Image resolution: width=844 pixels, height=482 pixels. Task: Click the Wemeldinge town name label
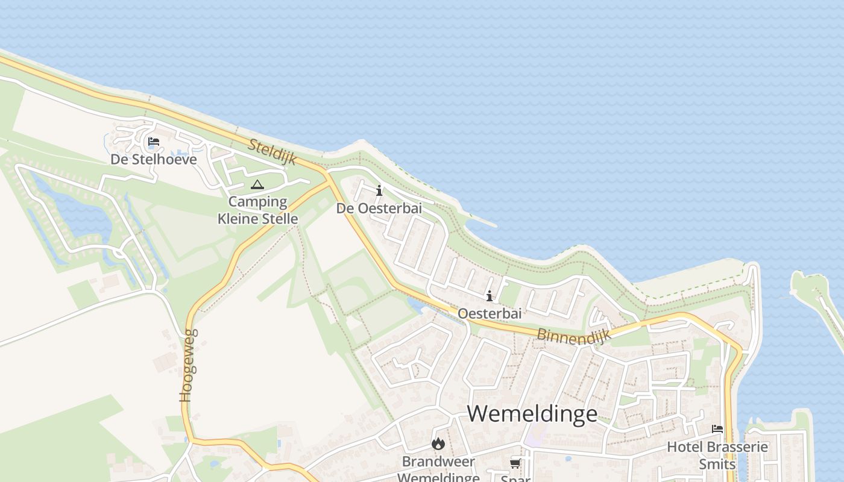click(x=532, y=414)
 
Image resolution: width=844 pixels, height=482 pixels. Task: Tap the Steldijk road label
click(x=272, y=151)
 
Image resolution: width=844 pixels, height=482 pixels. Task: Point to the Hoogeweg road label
click(x=188, y=365)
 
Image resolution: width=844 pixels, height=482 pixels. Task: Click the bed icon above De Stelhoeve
click(x=154, y=142)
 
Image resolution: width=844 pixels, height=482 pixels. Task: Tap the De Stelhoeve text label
click(x=154, y=160)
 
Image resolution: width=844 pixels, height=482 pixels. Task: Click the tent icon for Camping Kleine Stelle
click(x=257, y=184)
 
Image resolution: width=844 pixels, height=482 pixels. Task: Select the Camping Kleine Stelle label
click(x=258, y=210)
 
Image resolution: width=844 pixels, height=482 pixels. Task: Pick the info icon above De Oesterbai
click(x=379, y=191)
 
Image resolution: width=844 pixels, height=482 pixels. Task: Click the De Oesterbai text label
click(x=379, y=208)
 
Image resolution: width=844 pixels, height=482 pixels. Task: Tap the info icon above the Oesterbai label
click(x=490, y=296)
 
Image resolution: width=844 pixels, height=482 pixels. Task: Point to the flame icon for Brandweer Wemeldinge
click(x=438, y=444)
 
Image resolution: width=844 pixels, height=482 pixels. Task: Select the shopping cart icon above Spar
click(x=515, y=463)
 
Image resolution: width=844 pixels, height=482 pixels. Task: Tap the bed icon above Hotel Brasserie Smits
click(x=717, y=429)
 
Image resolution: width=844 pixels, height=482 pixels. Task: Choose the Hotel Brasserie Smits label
click(x=717, y=455)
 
